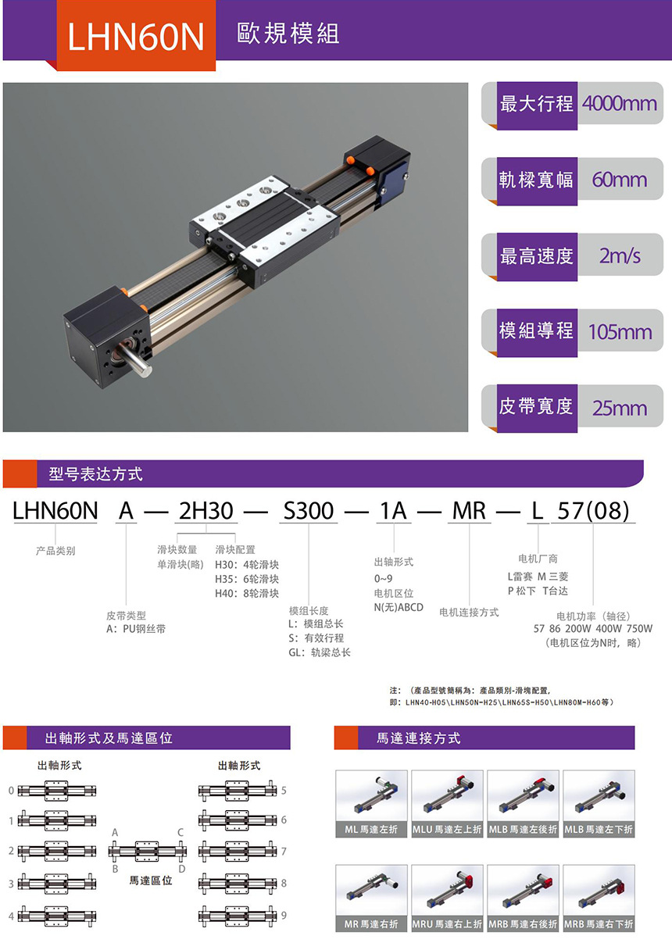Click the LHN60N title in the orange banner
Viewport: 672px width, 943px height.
tap(136, 35)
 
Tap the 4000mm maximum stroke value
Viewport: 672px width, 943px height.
tap(620, 103)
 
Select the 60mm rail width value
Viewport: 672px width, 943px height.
tap(620, 180)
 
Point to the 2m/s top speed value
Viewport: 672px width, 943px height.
tap(620, 255)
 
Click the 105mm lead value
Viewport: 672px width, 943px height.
tap(620, 331)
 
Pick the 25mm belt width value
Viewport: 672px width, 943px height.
tap(620, 408)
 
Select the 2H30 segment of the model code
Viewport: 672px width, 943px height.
tap(206, 511)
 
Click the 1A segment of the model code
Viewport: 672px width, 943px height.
tap(392, 511)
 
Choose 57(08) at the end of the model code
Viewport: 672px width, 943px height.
tap(592, 511)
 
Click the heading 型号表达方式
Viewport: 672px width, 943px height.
tap(95, 474)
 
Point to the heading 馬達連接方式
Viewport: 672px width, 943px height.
tap(419, 738)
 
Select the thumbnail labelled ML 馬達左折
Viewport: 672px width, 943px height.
tap(371, 803)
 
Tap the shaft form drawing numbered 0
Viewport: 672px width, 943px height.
tap(58, 791)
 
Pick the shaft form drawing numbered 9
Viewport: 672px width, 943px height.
tap(238, 915)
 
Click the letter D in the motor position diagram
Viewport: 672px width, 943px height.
tap(181, 869)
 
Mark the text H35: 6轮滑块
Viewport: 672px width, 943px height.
tap(246, 579)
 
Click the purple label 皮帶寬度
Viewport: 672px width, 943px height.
tap(536, 407)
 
